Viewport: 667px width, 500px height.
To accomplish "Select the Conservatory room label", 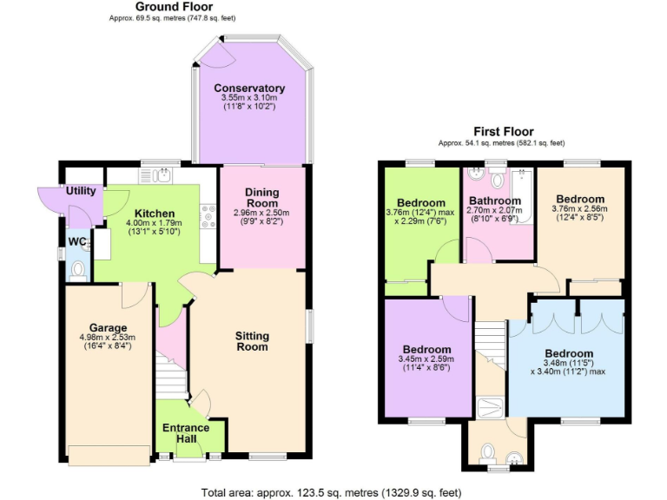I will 249,89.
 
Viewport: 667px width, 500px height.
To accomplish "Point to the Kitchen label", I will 155,214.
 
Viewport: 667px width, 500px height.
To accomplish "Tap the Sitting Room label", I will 252,341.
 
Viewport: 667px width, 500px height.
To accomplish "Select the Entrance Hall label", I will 186,434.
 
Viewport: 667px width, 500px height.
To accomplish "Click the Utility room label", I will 81,191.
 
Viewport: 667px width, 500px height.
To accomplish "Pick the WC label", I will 77,242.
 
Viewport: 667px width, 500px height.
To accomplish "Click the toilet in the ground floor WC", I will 78,270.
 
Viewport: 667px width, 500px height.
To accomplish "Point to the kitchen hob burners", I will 208,215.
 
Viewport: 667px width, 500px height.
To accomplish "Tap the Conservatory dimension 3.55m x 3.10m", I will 249,102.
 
